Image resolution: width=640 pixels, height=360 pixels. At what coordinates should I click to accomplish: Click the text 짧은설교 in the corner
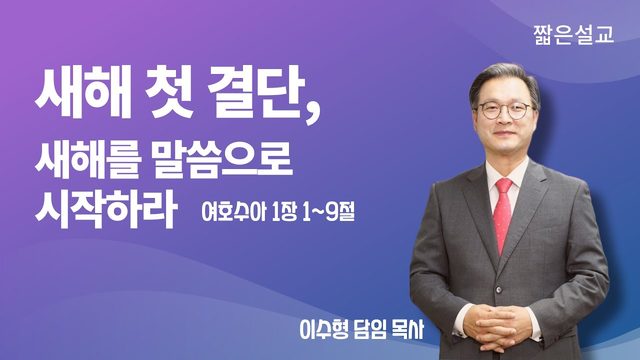coord(573,35)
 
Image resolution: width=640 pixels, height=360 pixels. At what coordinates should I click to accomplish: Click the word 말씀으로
coord(223,159)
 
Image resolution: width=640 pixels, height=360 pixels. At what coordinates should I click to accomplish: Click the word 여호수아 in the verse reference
coord(232,212)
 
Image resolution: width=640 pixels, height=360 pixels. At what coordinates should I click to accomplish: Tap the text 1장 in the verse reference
coord(284,212)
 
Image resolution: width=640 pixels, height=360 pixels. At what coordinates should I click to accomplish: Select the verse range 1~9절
coord(329,212)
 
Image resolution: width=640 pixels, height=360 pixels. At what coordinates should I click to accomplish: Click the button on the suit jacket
coord(498,290)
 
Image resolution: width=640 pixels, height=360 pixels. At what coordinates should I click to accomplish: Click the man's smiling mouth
coord(504,135)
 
